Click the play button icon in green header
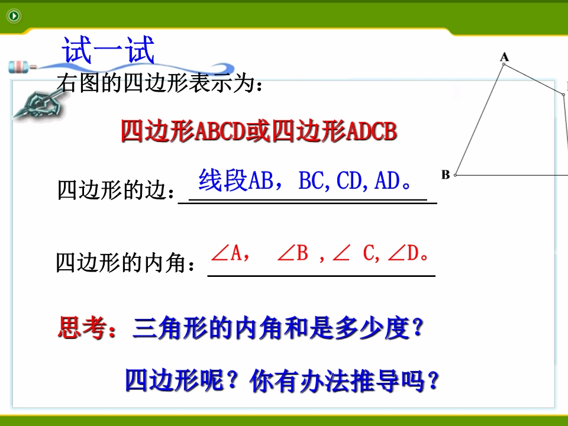coord(14,15)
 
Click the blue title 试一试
coord(108,50)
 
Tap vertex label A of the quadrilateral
coord(504,57)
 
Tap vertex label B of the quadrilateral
coord(446,175)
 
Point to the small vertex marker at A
coord(504,64)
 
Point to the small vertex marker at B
coord(456,175)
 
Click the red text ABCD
coord(220,131)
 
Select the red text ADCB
coord(372,131)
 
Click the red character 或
coord(259,131)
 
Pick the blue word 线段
coord(223,180)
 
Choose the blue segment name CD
coord(350,180)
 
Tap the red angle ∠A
coord(227,253)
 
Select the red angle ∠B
coord(293,253)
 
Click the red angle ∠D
coord(403,253)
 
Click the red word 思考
coord(82,328)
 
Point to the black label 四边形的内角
coord(121,263)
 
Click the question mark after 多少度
coord(418,328)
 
